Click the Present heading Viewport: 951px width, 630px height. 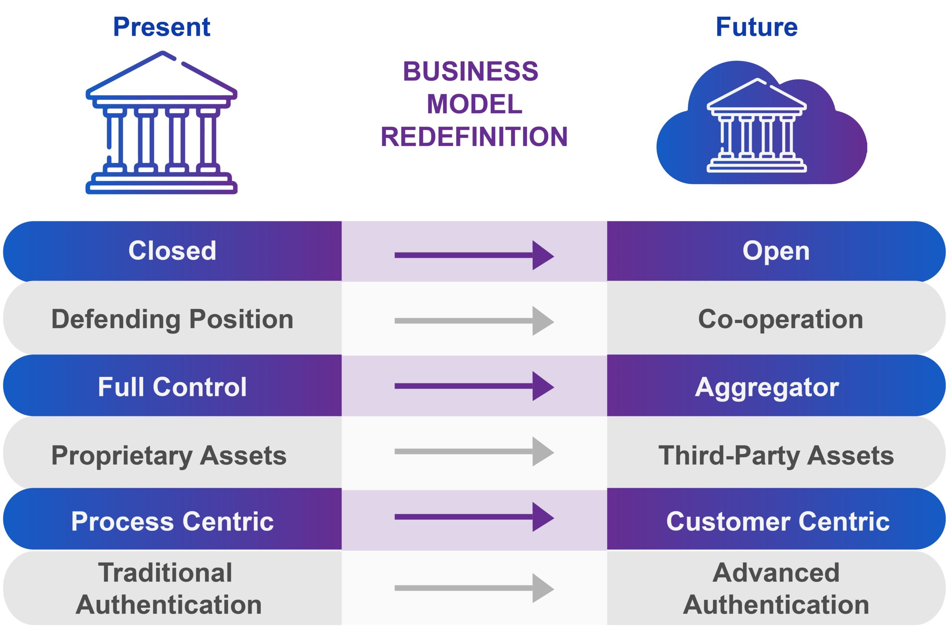[162, 27]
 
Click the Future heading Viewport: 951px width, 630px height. [756, 27]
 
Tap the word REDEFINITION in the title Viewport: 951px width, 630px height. [474, 137]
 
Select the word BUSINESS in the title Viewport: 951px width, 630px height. [471, 72]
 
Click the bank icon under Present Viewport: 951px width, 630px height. [162, 123]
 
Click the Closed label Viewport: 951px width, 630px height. [172, 251]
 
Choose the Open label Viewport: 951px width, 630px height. [776, 251]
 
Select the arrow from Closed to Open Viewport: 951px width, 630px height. [474, 255]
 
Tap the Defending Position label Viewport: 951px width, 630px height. [172, 319]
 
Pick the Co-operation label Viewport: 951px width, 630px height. [780, 319]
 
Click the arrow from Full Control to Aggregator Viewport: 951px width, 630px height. [474, 386]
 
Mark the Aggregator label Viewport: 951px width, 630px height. [767, 387]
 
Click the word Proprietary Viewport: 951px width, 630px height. [122, 456]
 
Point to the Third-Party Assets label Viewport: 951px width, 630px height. [776, 455]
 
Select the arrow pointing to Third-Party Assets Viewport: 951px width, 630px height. [474, 451]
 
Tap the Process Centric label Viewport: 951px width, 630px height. [172, 522]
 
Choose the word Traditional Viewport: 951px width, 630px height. [165, 572]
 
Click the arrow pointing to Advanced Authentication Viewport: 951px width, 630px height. [474, 588]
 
